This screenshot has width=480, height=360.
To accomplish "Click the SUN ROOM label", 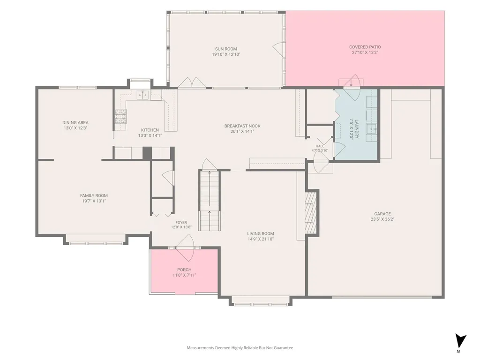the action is pos(226,49).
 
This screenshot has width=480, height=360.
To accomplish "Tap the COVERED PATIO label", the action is pos(365,47).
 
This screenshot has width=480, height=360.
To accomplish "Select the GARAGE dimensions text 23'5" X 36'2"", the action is pos(382,219).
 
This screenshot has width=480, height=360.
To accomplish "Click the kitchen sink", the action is pos(142,95).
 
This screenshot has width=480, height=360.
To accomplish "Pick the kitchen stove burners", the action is pos(120,116).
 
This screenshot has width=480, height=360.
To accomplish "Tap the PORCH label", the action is pos(184,270).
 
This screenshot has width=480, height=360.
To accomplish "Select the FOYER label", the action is pos(181,223).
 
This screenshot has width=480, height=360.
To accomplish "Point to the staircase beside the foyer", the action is pos(210,201).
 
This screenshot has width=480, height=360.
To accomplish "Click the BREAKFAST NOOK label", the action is pos(242,126).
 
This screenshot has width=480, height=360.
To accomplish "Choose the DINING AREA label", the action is pos(75,123).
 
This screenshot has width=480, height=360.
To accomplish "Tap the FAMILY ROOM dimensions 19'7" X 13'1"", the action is pos(94,201).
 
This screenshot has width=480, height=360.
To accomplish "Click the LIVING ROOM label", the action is pos(261,233).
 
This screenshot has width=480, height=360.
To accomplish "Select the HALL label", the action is pos(320,146).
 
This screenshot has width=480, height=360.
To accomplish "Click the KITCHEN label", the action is pos(150,130).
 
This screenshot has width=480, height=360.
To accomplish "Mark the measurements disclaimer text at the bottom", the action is pos(240,348).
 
